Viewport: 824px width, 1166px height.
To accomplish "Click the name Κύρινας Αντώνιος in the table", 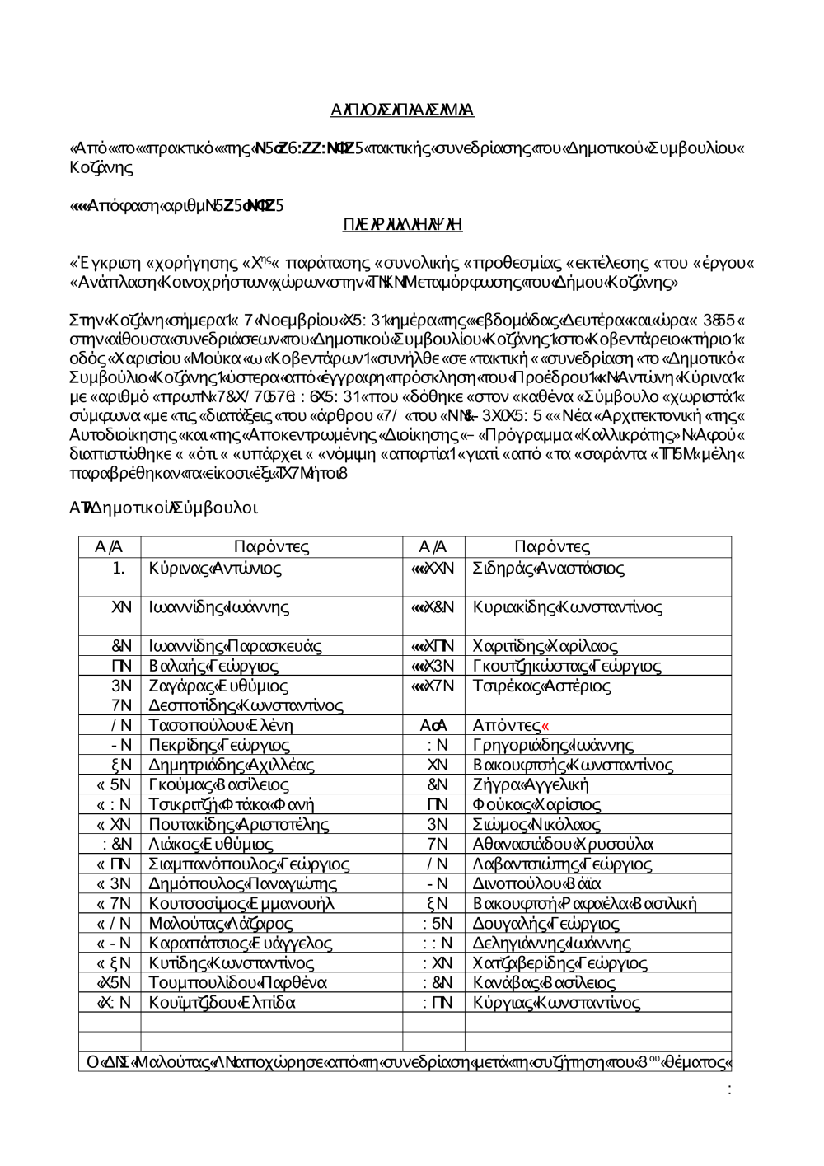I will pos(215,569).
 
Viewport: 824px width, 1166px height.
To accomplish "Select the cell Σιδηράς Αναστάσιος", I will pos(548,569).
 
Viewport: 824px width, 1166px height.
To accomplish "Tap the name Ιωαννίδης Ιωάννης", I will pos(218,607).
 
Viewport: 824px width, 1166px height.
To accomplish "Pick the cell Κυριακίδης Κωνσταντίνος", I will pos(567,607).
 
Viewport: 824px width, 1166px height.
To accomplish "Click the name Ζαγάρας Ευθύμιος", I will pos(218,686).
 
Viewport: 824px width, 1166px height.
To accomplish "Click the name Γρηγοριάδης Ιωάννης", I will pos(553,745).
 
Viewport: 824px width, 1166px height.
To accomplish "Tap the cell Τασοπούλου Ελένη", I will pos(221,725).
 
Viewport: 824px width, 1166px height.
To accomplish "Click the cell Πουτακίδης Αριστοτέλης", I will pos(239,824).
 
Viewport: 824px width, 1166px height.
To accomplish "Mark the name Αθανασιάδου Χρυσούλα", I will pos(563,844).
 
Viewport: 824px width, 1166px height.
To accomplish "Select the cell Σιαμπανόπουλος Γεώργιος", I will pos(249,864).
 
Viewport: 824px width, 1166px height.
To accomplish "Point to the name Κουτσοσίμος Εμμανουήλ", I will pos(241,903).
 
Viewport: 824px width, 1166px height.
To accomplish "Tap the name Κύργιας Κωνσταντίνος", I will pos(556,1002).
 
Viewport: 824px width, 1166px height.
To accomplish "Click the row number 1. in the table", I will pos(119,569).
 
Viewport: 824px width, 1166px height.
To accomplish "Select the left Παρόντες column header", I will pos(271,546).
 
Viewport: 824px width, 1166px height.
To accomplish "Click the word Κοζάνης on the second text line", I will pos(101,167).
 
